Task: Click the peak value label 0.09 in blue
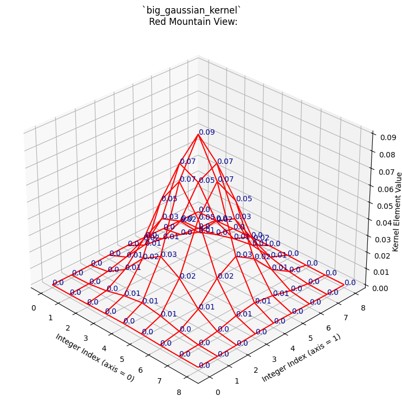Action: [206, 132]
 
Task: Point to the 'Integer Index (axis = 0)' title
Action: [94, 358]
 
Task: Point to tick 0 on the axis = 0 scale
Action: [35, 308]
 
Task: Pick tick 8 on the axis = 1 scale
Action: [363, 308]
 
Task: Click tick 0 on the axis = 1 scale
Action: [217, 392]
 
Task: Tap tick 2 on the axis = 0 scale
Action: [69, 328]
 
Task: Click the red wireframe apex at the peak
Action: [198, 134]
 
